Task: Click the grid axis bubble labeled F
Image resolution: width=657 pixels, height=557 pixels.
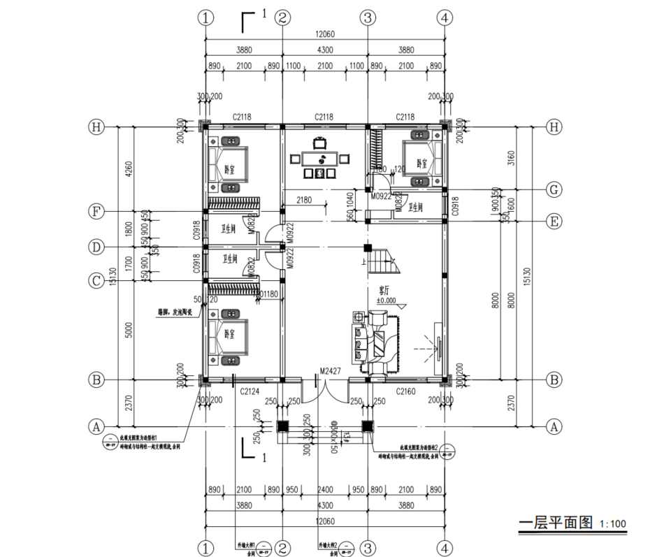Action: pos(96,210)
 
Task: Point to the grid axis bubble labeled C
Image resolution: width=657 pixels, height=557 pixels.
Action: pos(96,281)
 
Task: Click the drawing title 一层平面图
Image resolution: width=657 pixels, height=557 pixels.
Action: pos(555,523)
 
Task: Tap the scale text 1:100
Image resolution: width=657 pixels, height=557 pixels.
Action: pos(613,524)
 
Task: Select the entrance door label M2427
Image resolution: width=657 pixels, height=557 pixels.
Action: pos(329,370)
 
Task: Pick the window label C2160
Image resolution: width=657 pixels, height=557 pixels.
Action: pos(407,392)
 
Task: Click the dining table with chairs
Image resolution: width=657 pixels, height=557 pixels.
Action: pos(319,159)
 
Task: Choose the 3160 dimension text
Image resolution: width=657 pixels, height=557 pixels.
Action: pos(512,156)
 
